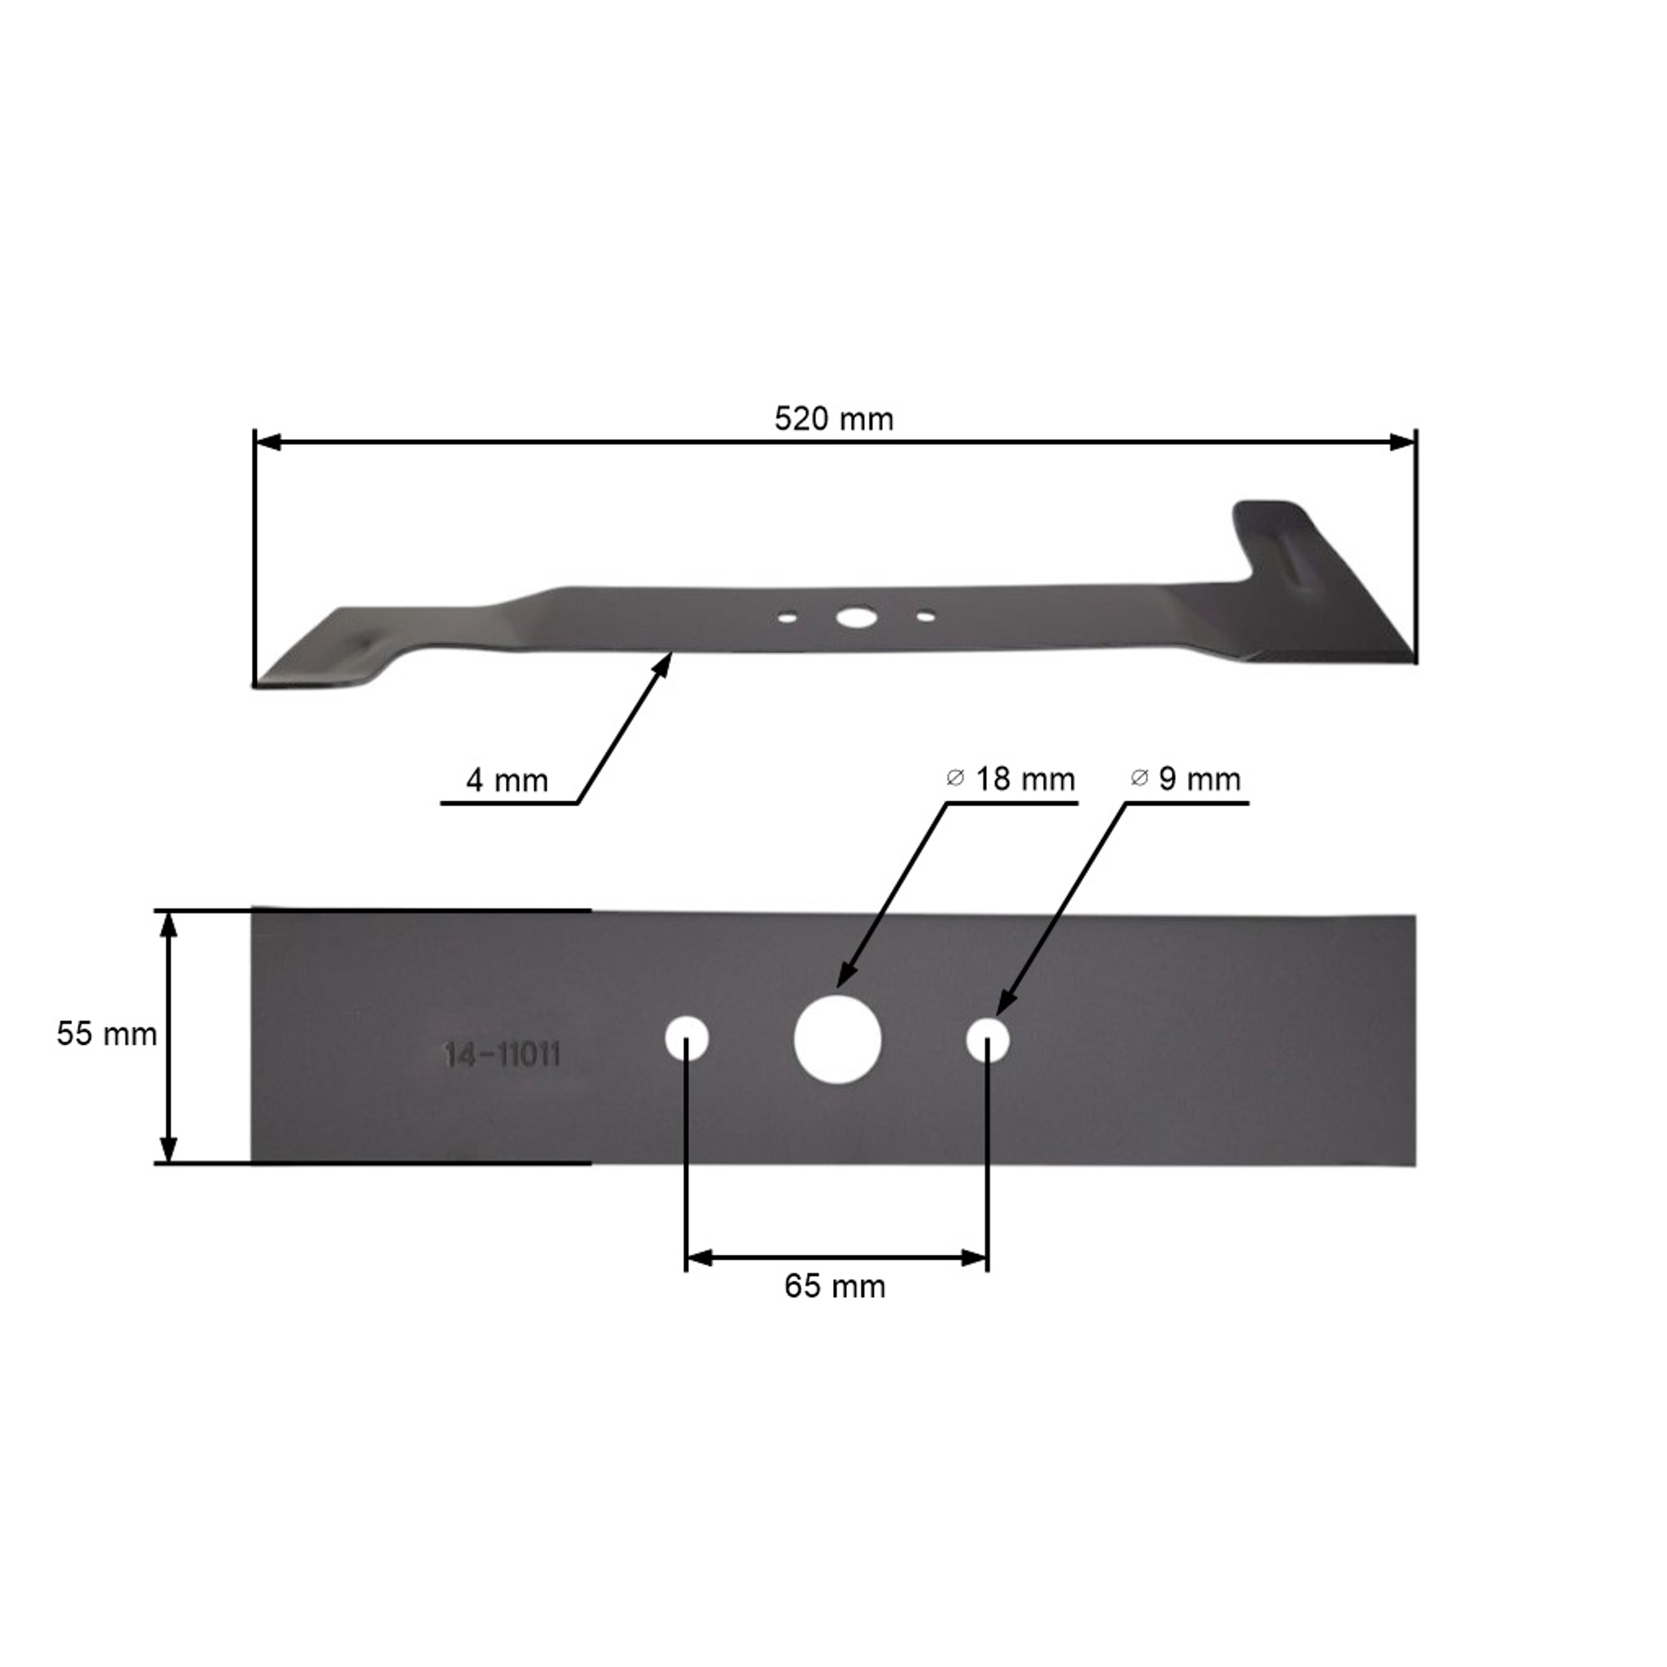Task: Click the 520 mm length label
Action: [x=833, y=420]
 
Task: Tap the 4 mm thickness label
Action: [x=506, y=781]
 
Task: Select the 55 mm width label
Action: [x=107, y=1034]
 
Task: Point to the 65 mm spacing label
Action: [x=835, y=1286]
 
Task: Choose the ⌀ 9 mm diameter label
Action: [x=1186, y=779]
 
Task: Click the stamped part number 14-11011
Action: [x=502, y=1055]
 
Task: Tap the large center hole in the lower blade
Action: [x=837, y=1039]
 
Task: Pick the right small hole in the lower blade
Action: [x=988, y=1040]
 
